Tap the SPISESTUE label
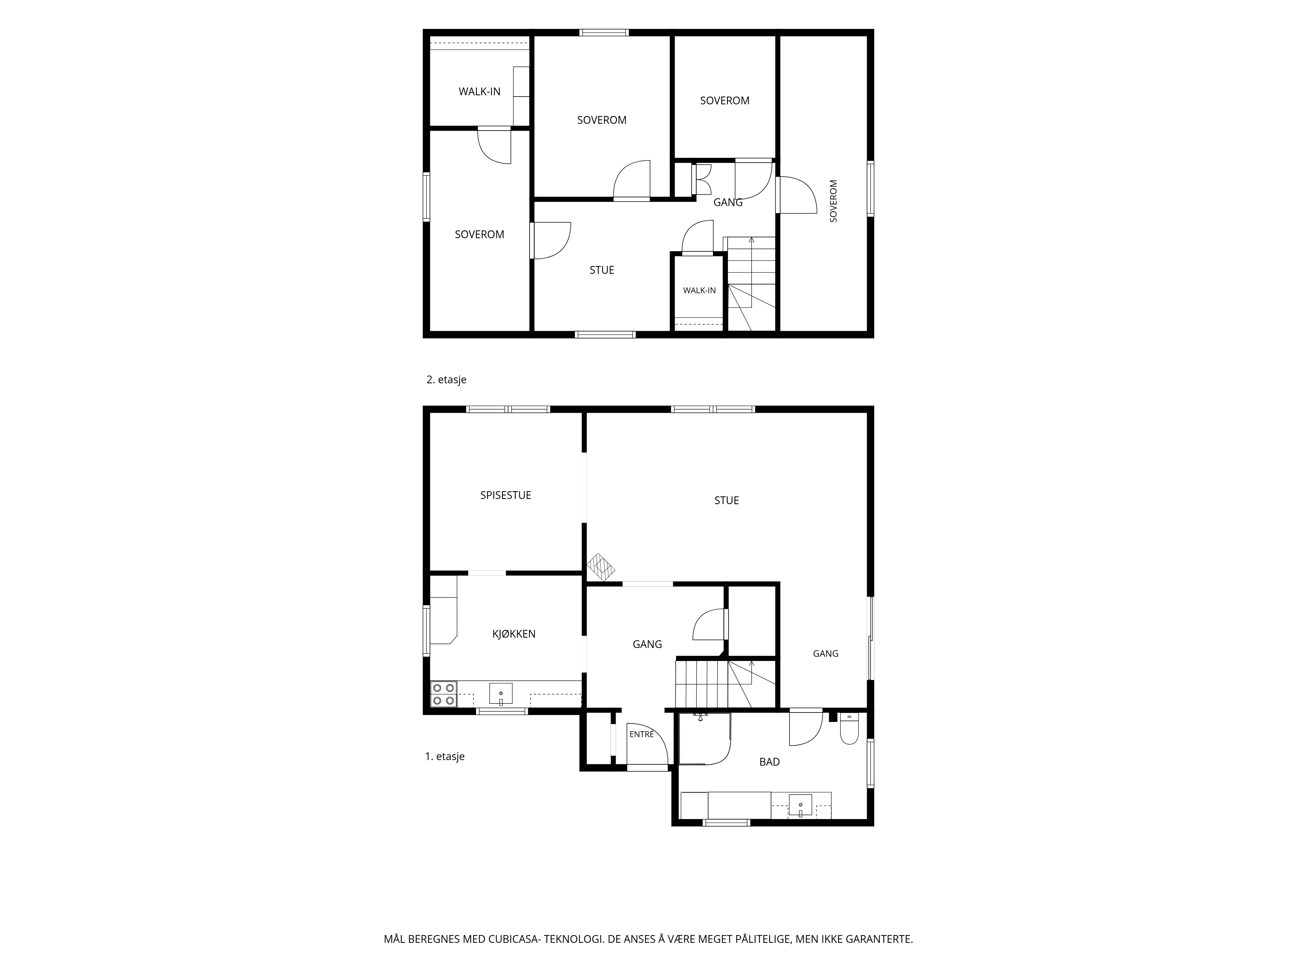506,495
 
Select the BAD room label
769,762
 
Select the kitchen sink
501,694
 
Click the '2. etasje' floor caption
446,380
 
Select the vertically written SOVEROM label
833,201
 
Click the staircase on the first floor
727,684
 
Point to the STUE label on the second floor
601,270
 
